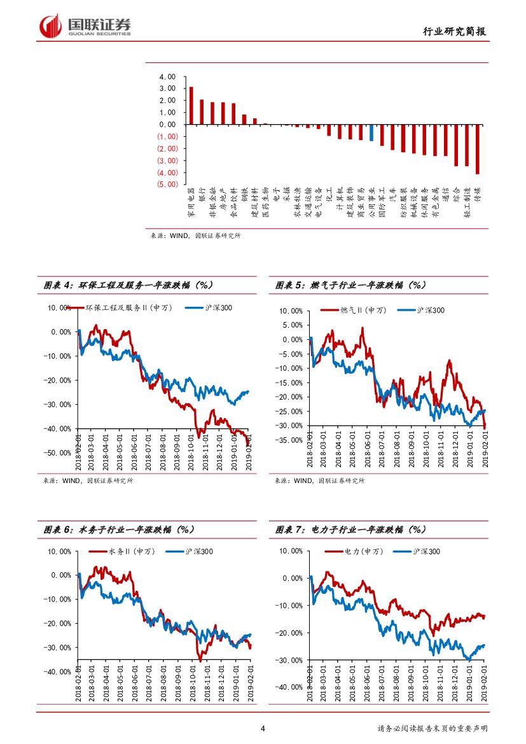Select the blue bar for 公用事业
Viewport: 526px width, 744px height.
[x=371, y=132]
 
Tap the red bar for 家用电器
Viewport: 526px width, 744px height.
[x=191, y=106]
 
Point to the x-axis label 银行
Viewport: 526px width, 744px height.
[x=202, y=193]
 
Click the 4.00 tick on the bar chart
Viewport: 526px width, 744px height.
[x=167, y=76]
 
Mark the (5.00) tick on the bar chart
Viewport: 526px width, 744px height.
[x=166, y=185]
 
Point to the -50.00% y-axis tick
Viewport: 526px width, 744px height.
[x=57, y=453]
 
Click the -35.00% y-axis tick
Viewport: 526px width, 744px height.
[x=288, y=440]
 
